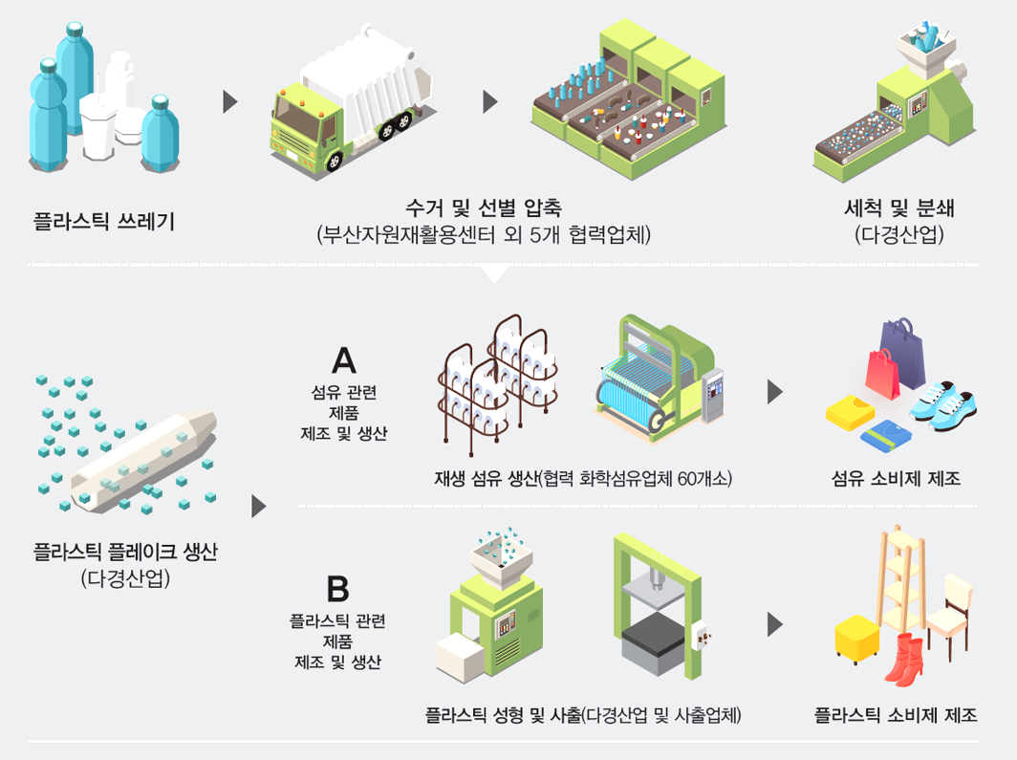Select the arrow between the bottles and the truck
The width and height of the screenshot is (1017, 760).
coord(229,102)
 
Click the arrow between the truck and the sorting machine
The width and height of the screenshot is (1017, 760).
coord(490,102)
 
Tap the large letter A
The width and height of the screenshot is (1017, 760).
coord(343,360)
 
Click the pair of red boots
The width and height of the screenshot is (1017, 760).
coord(903,661)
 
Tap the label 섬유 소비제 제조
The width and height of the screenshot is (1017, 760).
coord(896,478)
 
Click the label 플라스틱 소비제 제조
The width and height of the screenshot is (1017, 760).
coord(896,713)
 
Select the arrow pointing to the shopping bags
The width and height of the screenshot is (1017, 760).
coord(775,391)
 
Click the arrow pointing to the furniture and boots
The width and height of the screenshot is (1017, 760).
coord(775,625)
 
